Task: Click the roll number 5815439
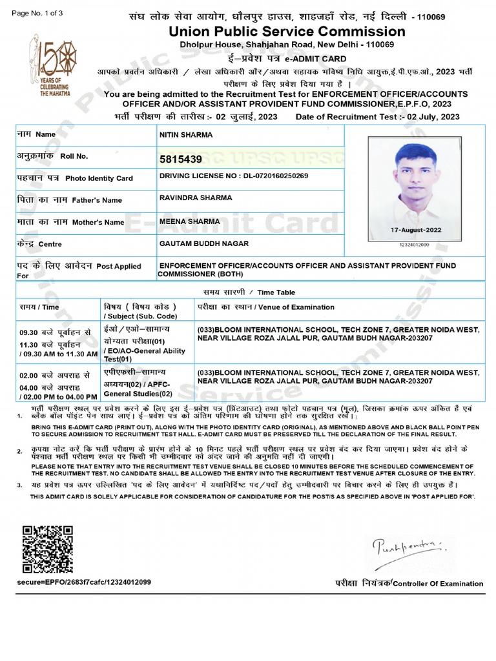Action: pyautogui.click(x=180, y=159)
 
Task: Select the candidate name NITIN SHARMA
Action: pyautogui.click(x=185, y=135)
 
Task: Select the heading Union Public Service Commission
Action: pyautogui.click(x=287, y=32)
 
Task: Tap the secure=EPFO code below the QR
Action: pyautogui.click(x=85, y=582)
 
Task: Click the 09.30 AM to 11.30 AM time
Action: pyautogui.click(x=58, y=354)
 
